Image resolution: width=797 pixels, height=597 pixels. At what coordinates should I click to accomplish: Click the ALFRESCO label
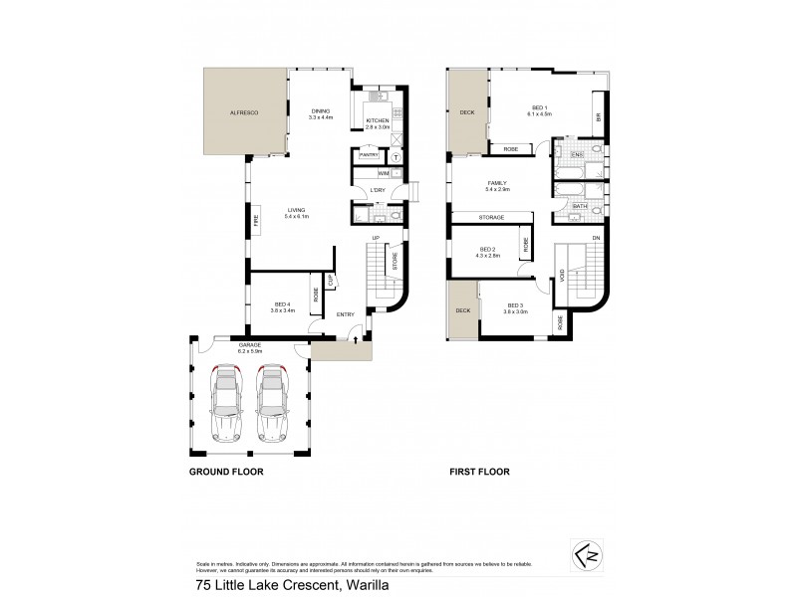[x=244, y=113]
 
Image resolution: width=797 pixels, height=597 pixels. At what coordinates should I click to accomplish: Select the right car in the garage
[x=272, y=404]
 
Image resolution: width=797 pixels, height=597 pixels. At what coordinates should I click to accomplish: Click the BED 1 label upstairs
[x=539, y=109]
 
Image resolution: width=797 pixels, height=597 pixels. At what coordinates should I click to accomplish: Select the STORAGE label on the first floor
[x=491, y=217]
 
